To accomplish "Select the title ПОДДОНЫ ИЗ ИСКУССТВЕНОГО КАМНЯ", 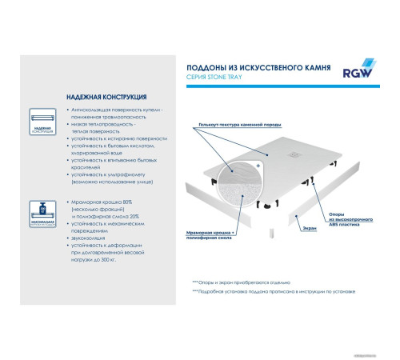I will click(254, 67).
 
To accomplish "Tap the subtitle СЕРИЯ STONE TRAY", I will click(213, 78).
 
